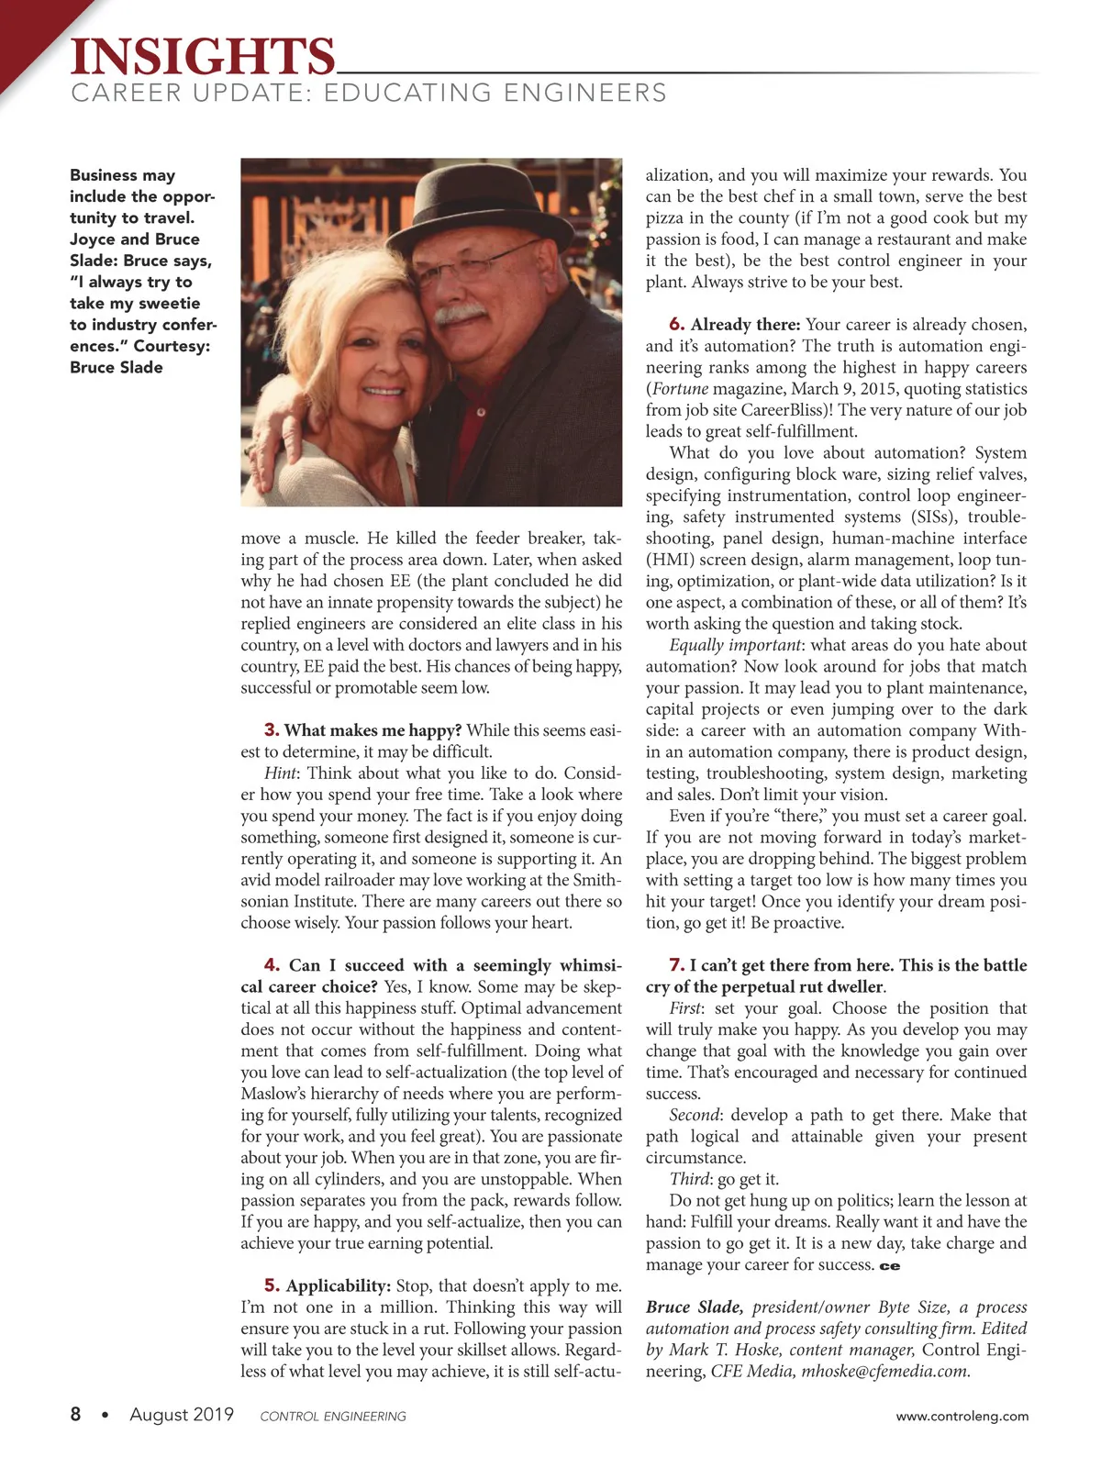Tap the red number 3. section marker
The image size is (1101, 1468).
[272, 730]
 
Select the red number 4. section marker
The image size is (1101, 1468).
[272, 965]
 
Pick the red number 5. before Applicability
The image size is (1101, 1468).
[272, 1285]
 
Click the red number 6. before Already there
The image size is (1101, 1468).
[677, 324]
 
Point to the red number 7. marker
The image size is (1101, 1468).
[677, 965]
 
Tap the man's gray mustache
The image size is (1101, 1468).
[460, 313]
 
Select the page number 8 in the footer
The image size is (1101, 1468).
[75, 1415]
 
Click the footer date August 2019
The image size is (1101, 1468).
[182, 1415]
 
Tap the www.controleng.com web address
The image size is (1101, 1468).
[962, 1416]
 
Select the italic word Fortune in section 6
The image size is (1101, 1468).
[680, 388]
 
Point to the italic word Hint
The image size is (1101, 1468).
[280, 773]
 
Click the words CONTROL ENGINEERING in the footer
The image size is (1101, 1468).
[333, 1417]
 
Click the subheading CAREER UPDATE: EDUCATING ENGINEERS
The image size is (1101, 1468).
[369, 94]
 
